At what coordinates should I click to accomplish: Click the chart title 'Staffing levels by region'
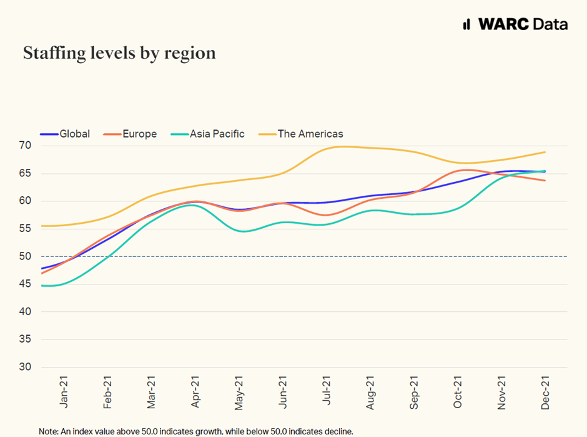pyautogui.click(x=119, y=54)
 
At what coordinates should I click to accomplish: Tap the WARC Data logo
pyautogui.click(x=515, y=24)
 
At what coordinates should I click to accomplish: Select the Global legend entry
pyautogui.click(x=66, y=134)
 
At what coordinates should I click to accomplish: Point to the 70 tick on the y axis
pyautogui.click(x=25, y=146)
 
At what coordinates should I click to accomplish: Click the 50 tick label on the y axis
pyautogui.click(x=25, y=256)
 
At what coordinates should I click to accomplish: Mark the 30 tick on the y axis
pyautogui.click(x=25, y=367)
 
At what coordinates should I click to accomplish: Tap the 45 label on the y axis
pyautogui.click(x=25, y=284)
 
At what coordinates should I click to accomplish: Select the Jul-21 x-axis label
pyautogui.click(x=326, y=391)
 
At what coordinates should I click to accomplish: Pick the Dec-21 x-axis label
pyautogui.click(x=545, y=391)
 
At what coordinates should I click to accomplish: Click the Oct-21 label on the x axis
pyautogui.click(x=458, y=391)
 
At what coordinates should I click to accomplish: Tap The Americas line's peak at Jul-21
pyautogui.click(x=337, y=146)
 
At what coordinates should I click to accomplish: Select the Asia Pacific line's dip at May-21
pyautogui.click(x=243, y=231)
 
